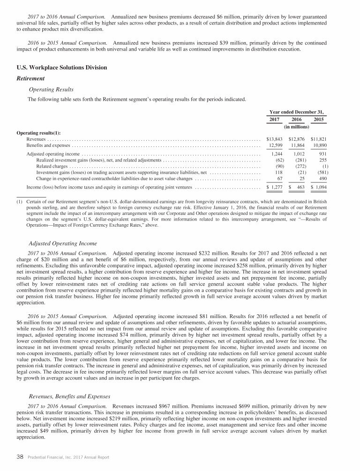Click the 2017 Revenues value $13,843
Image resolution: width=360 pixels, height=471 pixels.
pos(274,139)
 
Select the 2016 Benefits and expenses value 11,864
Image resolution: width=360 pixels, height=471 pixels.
pos(297,146)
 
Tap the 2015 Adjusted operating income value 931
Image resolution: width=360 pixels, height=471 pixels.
pos(320,154)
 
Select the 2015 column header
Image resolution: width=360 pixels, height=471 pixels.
pos(320,120)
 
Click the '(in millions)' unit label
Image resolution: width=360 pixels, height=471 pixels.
pos(297,127)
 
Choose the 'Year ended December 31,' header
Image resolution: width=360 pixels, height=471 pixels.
pos(297,112)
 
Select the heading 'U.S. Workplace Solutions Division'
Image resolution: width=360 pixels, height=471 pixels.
pos(62,68)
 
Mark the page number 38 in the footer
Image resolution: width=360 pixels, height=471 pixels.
pos(21,458)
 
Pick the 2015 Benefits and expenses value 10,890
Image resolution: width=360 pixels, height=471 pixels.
pos(319,146)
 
